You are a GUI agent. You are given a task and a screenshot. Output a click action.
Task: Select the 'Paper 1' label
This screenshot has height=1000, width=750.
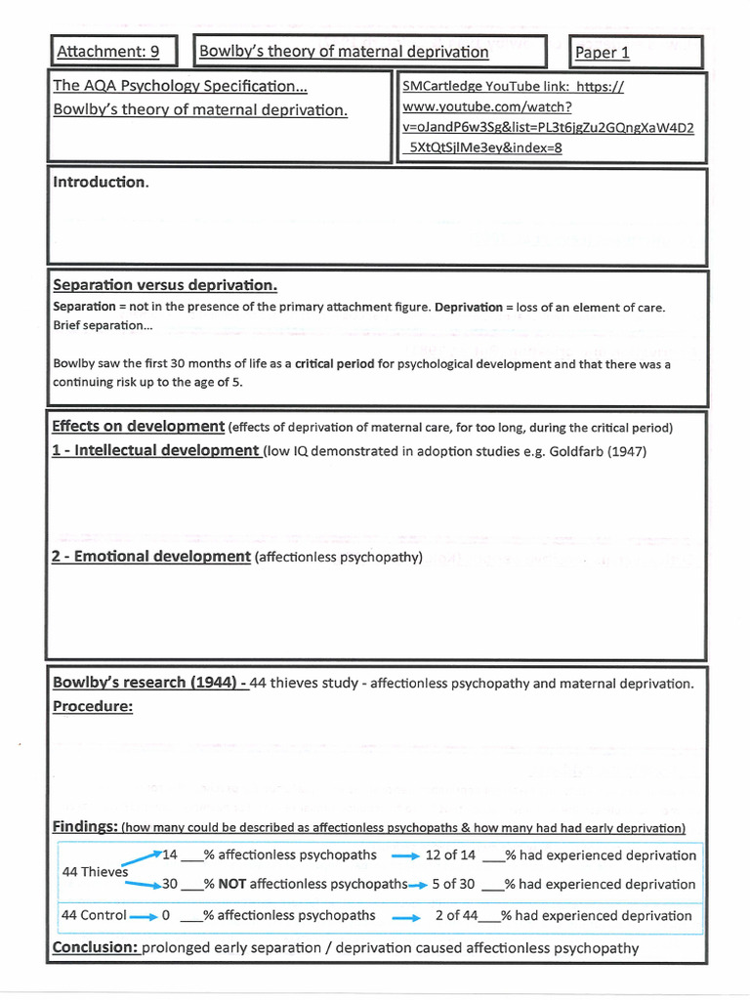point(603,53)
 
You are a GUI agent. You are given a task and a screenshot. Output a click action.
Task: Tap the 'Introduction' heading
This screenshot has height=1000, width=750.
point(101,183)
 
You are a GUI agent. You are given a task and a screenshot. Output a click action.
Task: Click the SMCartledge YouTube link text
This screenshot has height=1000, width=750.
point(548,117)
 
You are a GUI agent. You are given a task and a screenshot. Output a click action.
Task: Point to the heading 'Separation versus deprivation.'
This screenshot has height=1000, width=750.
point(165,285)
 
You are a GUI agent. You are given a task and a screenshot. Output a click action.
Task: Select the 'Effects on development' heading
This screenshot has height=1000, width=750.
point(138,427)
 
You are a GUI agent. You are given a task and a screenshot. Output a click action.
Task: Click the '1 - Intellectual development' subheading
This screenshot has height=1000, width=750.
point(155,451)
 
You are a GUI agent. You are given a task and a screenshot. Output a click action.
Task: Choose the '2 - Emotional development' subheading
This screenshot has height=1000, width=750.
point(150,557)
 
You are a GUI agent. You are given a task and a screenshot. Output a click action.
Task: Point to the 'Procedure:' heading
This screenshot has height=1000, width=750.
point(93,706)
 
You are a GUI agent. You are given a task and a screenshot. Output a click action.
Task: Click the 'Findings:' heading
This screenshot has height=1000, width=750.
point(85,827)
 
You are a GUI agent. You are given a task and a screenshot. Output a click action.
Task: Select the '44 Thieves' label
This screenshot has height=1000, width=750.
point(94,871)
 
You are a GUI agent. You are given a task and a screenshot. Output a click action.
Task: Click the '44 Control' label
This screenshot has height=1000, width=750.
point(94,915)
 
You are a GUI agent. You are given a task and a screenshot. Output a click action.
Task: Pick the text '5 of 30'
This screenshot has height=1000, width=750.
point(453,884)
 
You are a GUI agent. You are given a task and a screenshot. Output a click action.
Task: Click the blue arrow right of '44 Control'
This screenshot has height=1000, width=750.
point(143,916)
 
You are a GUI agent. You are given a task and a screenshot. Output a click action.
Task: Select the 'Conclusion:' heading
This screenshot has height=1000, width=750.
point(96,947)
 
